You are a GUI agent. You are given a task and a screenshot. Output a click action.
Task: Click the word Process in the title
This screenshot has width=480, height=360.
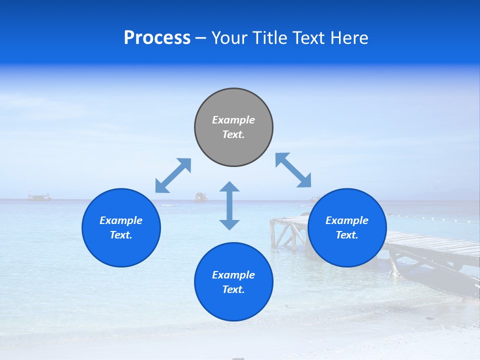click(x=157, y=38)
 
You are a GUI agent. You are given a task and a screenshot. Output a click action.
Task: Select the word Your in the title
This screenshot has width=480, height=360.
click(x=229, y=38)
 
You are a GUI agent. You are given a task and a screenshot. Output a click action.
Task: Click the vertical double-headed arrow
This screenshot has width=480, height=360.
click(x=229, y=205)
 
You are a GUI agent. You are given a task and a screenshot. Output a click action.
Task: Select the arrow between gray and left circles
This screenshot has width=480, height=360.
click(x=173, y=175)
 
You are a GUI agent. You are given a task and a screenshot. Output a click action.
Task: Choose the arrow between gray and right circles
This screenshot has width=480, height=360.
click(x=293, y=170)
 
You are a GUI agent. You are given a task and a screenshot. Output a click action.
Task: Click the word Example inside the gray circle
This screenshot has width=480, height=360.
click(x=233, y=120)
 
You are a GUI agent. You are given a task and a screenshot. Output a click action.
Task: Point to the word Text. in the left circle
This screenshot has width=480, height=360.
click(x=121, y=235)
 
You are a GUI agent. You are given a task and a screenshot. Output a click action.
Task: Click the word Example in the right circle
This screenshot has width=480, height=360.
click(x=347, y=220)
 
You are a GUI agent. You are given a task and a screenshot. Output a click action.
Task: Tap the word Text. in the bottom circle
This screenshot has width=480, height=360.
click(x=233, y=289)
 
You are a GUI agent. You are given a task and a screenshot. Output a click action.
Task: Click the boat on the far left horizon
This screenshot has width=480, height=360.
click(x=39, y=196)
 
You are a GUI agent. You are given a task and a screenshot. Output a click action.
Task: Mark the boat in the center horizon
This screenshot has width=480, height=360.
click(x=201, y=197)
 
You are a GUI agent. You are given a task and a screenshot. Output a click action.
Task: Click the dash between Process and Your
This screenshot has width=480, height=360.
click(x=200, y=38)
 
